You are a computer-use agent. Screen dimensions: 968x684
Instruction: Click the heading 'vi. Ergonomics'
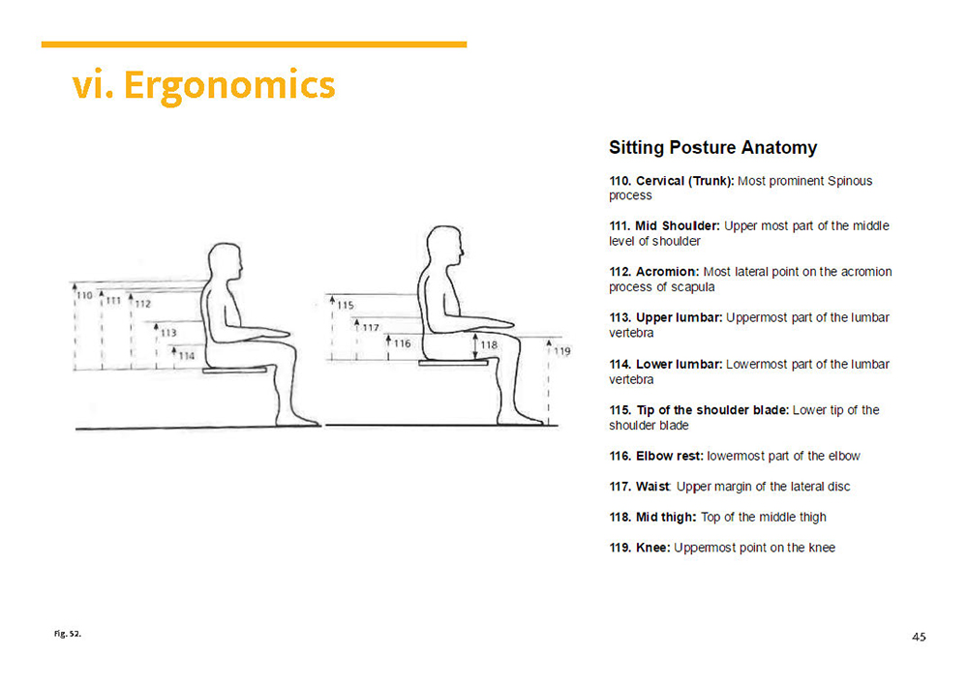point(203,86)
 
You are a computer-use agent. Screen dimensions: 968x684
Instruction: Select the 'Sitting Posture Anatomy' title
point(713,148)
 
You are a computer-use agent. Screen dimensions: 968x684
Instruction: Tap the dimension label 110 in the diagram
point(84,295)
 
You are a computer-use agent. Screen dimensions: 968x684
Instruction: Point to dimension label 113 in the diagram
point(168,333)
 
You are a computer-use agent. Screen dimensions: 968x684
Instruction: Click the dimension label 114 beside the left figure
point(187,355)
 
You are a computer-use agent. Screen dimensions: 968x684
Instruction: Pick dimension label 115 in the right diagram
point(346,305)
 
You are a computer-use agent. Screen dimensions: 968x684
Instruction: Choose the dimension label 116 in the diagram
point(402,343)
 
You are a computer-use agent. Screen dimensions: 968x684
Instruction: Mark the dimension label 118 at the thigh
point(489,344)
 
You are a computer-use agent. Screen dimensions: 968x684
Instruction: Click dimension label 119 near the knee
point(561,351)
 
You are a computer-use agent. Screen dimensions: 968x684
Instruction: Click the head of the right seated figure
point(445,247)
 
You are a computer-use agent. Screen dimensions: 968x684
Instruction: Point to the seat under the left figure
point(234,371)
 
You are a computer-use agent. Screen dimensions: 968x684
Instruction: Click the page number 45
point(920,638)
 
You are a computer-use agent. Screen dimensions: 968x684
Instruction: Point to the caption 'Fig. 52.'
point(68,634)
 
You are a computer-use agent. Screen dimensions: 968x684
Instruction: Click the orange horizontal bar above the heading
point(254,45)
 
